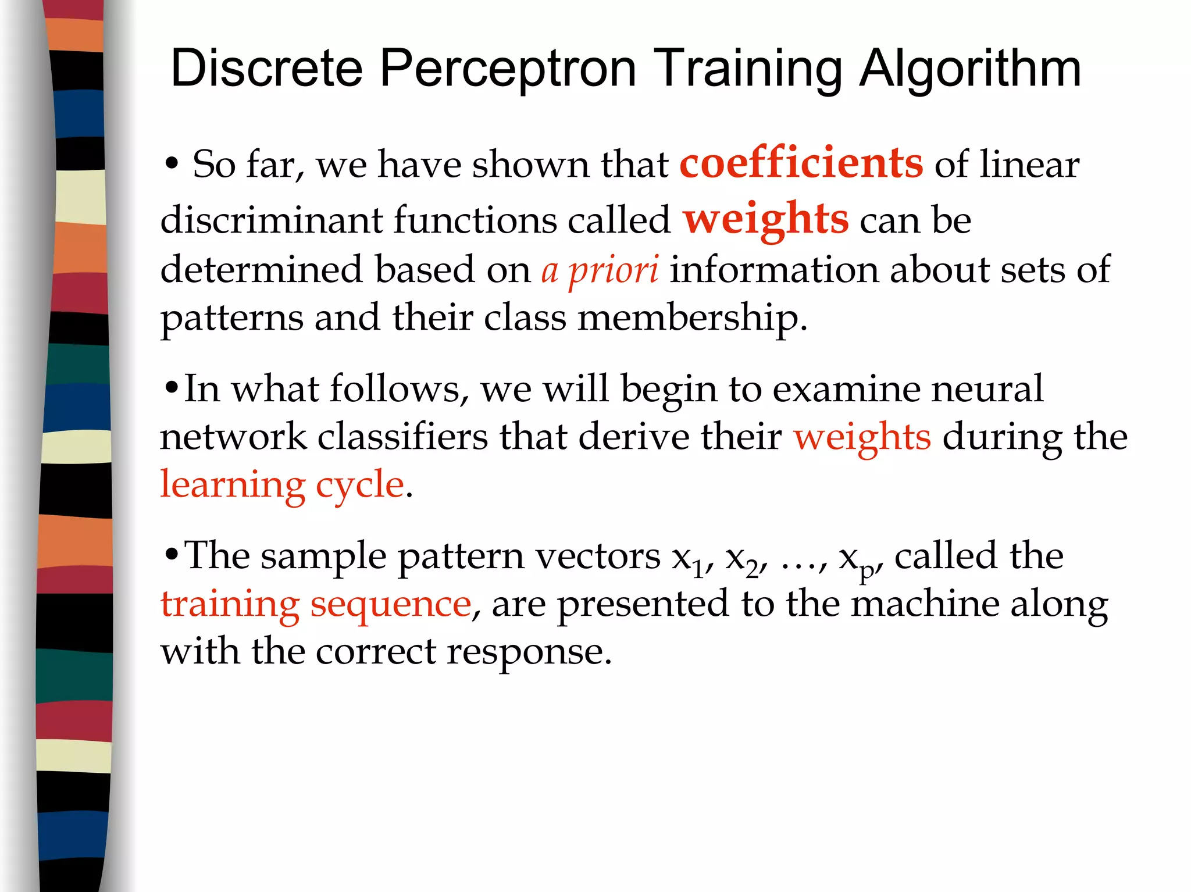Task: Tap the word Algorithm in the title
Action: [969, 69]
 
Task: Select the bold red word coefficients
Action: [801, 163]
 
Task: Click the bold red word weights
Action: [765, 219]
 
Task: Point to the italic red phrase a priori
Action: [600, 270]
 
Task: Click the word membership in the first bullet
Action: [691, 318]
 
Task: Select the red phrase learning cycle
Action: [282, 484]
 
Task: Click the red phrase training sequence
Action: [316, 604]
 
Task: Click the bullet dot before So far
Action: [171, 164]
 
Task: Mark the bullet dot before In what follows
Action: [171, 388]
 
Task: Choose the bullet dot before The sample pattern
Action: [171, 555]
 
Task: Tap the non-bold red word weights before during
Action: [862, 437]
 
